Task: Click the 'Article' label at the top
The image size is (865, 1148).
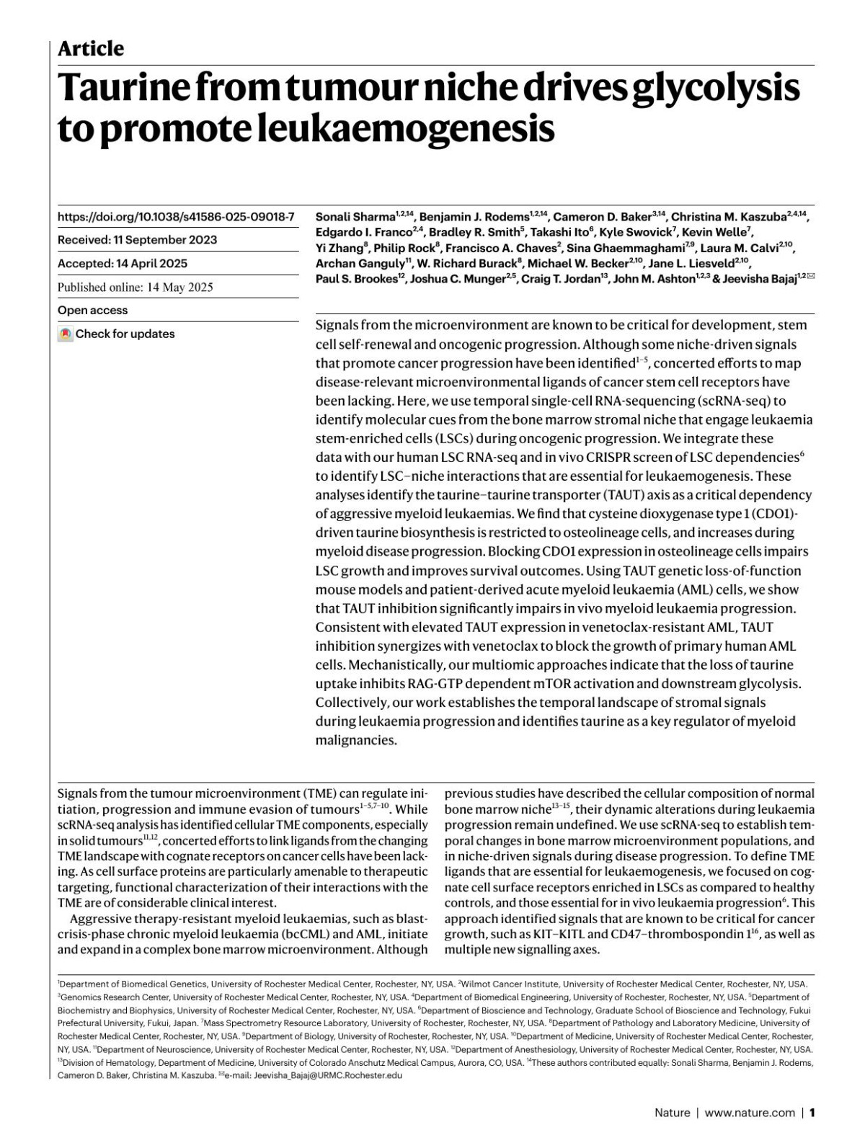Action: tap(90, 49)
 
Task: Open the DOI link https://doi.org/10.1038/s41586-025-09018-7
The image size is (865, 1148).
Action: tap(176, 216)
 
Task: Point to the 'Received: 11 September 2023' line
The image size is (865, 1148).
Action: tap(137, 240)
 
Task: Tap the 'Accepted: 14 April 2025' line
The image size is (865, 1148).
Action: tap(122, 264)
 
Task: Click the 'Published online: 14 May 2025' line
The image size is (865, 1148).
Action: tap(135, 288)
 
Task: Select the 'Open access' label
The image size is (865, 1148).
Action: tap(92, 311)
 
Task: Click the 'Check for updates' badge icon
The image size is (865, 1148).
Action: tap(66, 334)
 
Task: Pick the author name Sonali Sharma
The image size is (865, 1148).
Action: tap(355, 217)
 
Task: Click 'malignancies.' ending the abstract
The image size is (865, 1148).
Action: tap(356, 740)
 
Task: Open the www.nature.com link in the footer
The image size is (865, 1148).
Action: tap(750, 1113)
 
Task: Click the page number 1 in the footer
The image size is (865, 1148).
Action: tap(812, 1113)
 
